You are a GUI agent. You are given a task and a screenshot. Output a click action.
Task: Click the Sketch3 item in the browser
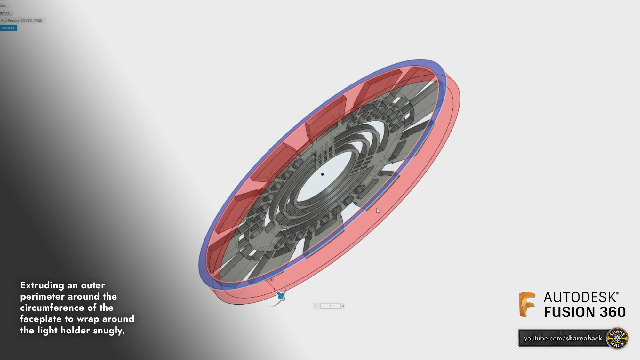coord(8,28)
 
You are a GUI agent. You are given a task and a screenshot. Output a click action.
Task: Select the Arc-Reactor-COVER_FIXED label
coord(22,20)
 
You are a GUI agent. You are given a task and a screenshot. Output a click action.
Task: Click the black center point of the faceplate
coord(322,174)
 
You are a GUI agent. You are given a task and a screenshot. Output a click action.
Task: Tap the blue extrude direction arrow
coord(280,295)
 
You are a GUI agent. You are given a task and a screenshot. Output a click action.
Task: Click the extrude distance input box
coord(330,306)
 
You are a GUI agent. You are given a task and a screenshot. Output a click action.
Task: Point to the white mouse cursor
coord(378,211)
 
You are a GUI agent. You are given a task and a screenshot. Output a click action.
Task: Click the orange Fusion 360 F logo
coord(527,304)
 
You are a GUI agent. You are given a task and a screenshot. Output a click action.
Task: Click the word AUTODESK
coord(580,298)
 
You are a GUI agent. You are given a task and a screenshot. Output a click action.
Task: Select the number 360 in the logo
coord(612,312)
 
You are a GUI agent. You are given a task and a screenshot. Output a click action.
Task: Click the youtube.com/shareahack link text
coord(563,338)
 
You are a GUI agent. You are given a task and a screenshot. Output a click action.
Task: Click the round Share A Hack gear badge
coord(617,338)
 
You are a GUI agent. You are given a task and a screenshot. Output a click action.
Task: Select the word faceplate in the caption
coord(41,319)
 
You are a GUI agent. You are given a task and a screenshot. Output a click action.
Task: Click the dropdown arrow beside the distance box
coord(343,306)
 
